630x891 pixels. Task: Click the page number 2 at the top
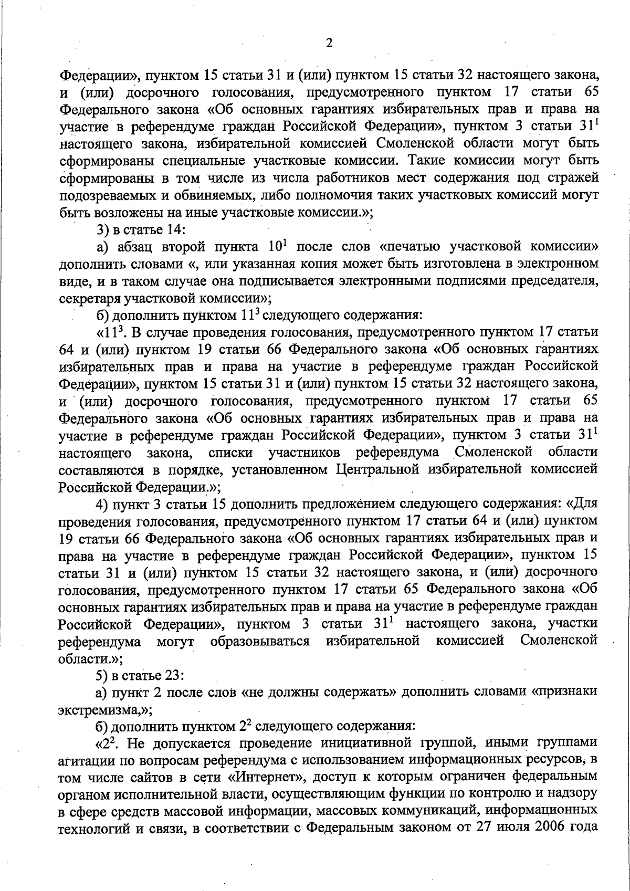tap(329, 43)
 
